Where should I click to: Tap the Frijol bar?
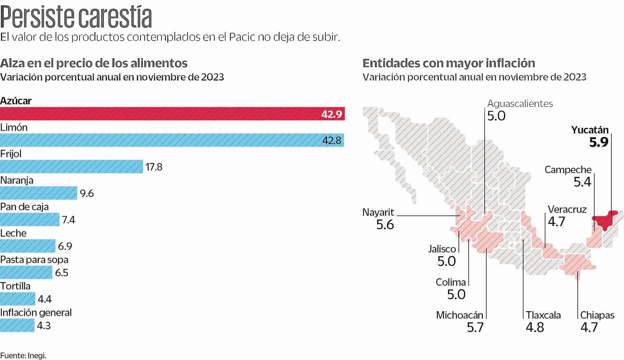(71, 166)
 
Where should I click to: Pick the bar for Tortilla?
(18, 299)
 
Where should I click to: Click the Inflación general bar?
(17, 325)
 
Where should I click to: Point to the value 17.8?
(154, 167)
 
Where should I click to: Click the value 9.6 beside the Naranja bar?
(87, 193)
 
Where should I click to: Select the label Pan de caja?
(24, 206)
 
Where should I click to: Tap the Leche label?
(13, 233)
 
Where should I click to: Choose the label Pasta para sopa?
(34, 260)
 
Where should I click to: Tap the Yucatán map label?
(590, 130)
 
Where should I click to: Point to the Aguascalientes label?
(520, 104)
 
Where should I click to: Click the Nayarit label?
(378, 212)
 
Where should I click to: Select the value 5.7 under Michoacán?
(475, 327)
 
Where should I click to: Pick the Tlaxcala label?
(543, 315)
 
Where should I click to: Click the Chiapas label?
(597, 315)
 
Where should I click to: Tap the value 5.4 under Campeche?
(582, 182)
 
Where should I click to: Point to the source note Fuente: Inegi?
(23, 355)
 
